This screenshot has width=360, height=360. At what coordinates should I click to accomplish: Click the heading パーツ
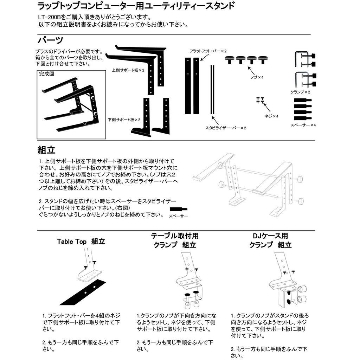click(x=50, y=40)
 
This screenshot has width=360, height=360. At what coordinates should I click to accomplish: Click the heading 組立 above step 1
click(x=46, y=150)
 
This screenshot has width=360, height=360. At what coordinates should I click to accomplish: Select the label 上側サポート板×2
click(x=128, y=70)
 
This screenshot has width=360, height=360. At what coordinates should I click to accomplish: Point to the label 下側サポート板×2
click(x=124, y=120)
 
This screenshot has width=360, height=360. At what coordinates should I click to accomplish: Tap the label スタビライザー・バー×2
click(x=225, y=128)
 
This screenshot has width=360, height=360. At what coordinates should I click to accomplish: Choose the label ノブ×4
click(x=258, y=77)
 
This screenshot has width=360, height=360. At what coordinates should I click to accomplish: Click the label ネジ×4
click(x=271, y=116)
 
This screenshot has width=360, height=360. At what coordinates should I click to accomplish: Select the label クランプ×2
click(x=300, y=91)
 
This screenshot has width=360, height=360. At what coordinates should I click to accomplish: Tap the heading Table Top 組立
click(x=81, y=242)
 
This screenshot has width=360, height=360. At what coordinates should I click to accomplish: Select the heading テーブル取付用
click(x=174, y=236)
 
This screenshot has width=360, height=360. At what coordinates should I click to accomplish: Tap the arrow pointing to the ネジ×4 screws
click(x=267, y=107)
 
